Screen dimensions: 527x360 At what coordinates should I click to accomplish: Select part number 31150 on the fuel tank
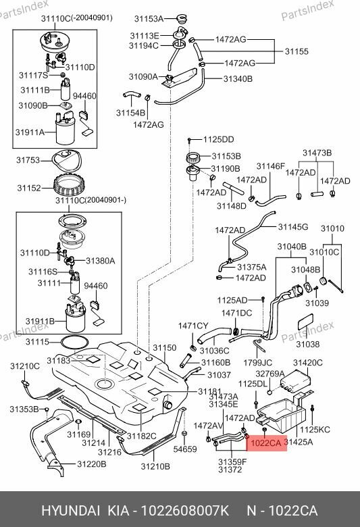click(x=165, y=347)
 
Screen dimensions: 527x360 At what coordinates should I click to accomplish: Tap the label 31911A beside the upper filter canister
click(x=31, y=132)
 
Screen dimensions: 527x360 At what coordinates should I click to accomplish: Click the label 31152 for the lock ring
click(x=29, y=187)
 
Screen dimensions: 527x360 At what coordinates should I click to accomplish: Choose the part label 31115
click(x=38, y=342)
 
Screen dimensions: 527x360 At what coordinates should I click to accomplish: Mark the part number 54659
click(x=184, y=449)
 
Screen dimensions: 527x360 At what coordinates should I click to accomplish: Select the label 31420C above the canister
click(x=307, y=363)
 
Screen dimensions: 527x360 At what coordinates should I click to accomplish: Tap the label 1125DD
click(x=218, y=139)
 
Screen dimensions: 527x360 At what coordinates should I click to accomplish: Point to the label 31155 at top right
click(x=296, y=51)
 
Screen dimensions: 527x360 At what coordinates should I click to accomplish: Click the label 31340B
click(x=238, y=78)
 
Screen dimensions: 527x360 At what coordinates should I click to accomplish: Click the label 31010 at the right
click(x=332, y=228)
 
